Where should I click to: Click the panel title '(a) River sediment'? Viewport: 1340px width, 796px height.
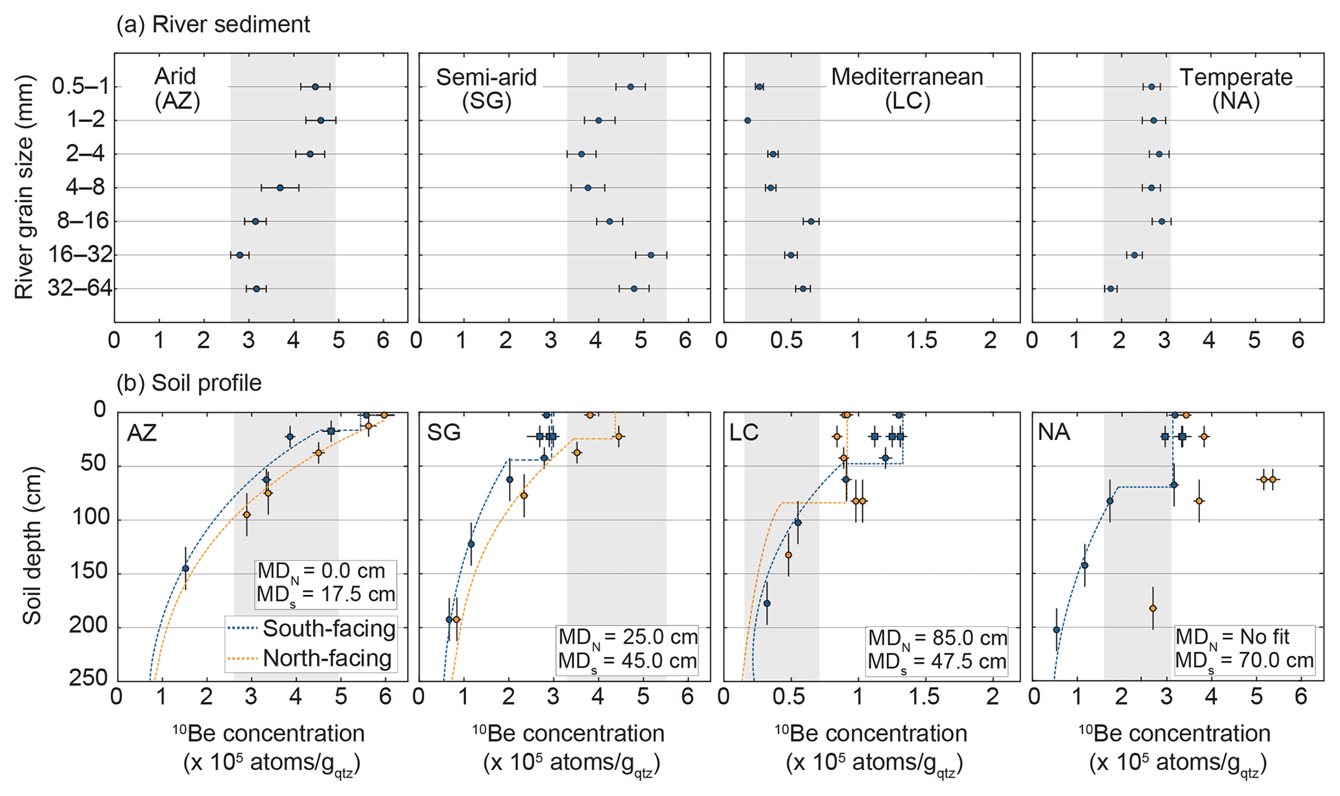[x=213, y=25]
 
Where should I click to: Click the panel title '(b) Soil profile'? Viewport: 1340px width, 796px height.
[x=189, y=383]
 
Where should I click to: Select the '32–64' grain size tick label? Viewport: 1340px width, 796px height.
[x=80, y=288]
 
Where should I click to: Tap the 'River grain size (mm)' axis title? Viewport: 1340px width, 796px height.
[x=23, y=188]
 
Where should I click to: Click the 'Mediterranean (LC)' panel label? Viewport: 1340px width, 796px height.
[x=907, y=89]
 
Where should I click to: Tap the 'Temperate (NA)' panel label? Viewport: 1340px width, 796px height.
[x=1236, y=89]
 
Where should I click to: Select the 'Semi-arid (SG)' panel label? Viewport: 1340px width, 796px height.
[x=486, y=89]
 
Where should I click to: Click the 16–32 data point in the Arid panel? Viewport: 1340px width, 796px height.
[x=240, y=255]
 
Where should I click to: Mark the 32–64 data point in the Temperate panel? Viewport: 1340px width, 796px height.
[x=1111, y=288]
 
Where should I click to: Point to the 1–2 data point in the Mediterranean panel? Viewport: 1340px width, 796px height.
[x=747, y=121]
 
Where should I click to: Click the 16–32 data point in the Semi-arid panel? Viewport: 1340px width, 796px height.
[x=651, y=255]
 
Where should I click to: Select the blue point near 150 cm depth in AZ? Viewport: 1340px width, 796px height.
[x=185, y=568]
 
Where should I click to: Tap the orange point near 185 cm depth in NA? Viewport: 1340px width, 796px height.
[x=1153, y=608]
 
